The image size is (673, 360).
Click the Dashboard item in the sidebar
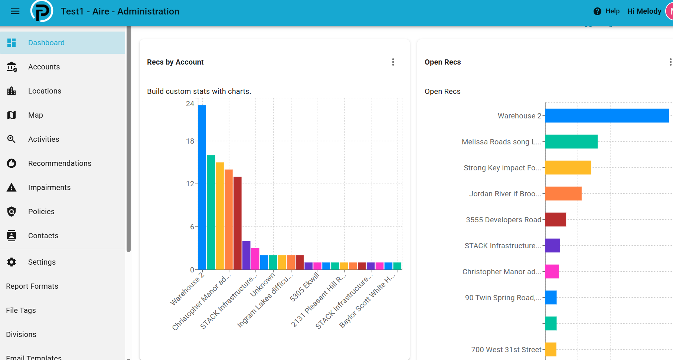tap(62, 43)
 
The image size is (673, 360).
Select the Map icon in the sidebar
tap(12, 115)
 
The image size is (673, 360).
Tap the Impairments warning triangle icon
tap(12, 187)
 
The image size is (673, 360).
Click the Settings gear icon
tap(12, 262)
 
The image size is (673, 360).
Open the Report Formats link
tap(32, 286)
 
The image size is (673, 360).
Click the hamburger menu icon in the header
tap(15, 11)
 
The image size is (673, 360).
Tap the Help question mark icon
tap(597, 11)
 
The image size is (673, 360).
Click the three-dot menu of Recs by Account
tap(393, 62)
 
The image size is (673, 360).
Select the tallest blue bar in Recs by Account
tap(202, 187)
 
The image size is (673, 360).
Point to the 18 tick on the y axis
tap(190, 141)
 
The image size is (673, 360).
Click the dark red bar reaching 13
tap(238, 223)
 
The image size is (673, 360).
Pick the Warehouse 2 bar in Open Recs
tap(607, 115)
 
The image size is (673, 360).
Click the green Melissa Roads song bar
tap(571, 141)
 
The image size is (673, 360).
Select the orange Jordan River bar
tap(563, 193)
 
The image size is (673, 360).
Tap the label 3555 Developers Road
tap(504, 220)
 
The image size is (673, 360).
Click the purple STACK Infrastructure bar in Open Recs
tap(553, 245)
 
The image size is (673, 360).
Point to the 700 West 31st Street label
tap(506, 350)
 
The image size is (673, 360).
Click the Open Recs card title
tap(443, 62)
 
